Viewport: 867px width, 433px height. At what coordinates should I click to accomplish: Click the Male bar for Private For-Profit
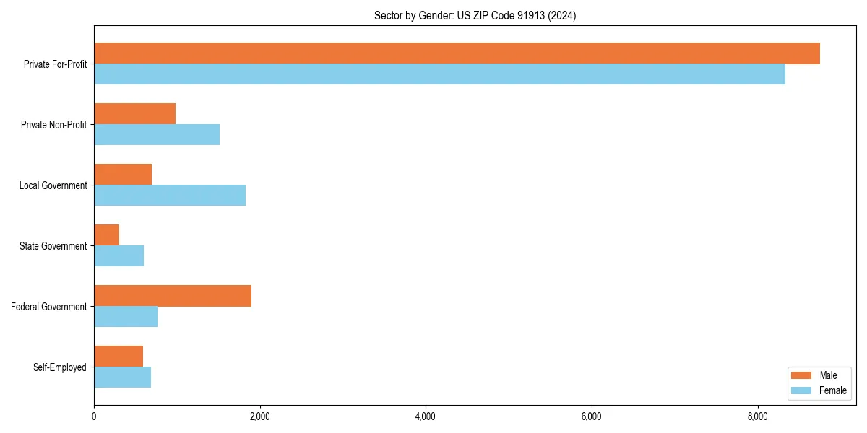(x=457, y=53)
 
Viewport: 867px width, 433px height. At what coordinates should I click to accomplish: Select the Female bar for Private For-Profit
(x=439, y=74)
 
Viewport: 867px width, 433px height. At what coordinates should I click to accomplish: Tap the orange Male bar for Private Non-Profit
(x=134, y=114)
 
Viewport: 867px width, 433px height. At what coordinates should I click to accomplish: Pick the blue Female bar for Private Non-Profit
(x=157, y=135)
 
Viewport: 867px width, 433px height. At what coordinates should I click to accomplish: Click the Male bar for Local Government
(x=123, y=175)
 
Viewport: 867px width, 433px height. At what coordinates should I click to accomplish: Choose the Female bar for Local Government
(x=170, y=196)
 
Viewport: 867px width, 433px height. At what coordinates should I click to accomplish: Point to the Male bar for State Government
(x=107, y=235)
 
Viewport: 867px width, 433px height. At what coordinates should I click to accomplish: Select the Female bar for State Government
(x=118, y=256)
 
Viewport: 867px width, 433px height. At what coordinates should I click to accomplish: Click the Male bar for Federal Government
(x=173, y=296)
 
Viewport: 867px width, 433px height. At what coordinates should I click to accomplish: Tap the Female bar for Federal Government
(x=126, y=317)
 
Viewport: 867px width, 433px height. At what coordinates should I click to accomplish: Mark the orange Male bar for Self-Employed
(x=118, y=357)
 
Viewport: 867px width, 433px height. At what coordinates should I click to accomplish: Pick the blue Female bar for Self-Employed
(x=122, y=377)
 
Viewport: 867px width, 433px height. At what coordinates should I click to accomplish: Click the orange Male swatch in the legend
(x=802, y=375)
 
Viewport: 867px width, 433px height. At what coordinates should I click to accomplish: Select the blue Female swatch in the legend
(x=802, y=390)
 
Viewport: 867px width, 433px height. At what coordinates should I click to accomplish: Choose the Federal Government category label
(x=49, y=307)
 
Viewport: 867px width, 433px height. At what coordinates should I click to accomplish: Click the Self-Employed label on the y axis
(x=60, y=367)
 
